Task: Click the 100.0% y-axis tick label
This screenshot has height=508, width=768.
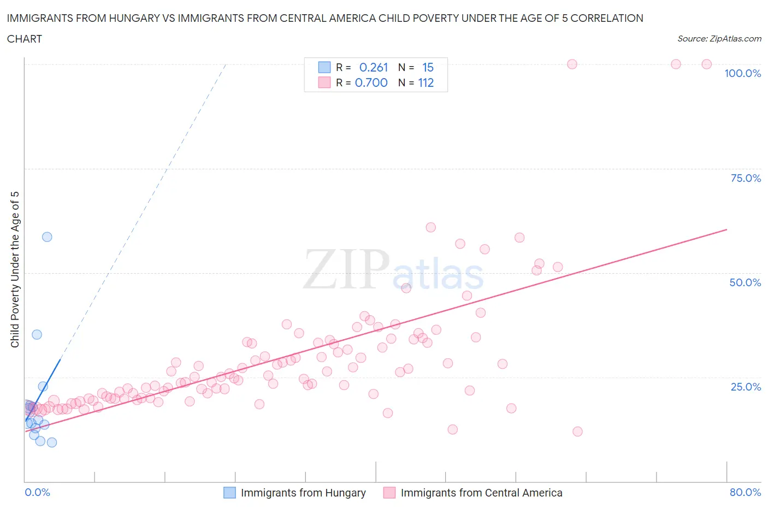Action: pos(742,74)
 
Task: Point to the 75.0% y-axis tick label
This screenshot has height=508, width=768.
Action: pos(746,179)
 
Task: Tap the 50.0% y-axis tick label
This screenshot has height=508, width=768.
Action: pos(745,283)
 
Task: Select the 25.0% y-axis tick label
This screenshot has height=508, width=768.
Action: pos(746,387)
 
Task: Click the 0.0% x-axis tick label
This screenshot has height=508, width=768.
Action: pos(37,493)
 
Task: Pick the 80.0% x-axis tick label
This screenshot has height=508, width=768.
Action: pos(745,493)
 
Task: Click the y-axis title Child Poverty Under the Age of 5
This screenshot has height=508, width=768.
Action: pos(15,269)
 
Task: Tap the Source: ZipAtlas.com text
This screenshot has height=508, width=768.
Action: pos(719,39)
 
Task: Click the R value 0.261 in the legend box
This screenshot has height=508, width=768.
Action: pos(374,68)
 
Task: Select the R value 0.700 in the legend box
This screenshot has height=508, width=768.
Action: pos(371,83)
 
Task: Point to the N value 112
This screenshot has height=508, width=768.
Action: pos(426,83)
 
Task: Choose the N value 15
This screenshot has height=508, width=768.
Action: pos(428,68)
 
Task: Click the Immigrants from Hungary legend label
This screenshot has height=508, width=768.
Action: pos(303,493)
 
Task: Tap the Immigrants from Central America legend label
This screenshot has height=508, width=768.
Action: pos(481,493)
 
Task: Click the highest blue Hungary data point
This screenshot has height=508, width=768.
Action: pos(47,237)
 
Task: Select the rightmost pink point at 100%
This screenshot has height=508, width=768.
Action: pos(706,64)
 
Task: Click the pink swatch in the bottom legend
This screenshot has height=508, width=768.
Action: pos(389,493)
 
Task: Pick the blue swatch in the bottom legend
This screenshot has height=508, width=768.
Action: pos(229,493)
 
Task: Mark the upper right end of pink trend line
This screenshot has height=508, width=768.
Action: pos(726,229)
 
